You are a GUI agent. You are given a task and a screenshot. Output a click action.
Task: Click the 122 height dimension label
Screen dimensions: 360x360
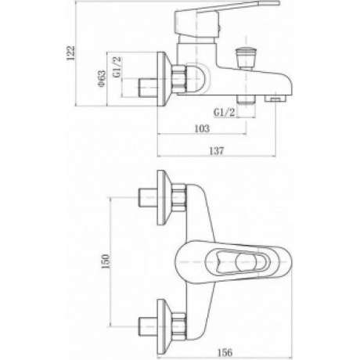(70, 53)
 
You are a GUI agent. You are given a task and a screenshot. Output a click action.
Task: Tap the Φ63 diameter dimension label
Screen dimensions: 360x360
(102, 79)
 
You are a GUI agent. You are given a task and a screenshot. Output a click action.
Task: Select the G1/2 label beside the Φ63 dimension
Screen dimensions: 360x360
(117, 67)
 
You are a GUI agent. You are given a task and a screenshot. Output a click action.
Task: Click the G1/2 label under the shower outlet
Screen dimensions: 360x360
(225, 113)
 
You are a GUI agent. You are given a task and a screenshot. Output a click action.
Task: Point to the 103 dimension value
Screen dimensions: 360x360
(202, 128)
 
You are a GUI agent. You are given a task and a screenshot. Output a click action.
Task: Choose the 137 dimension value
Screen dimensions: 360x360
(217, 151)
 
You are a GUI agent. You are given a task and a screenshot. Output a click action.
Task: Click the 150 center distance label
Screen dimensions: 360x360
(106, 261)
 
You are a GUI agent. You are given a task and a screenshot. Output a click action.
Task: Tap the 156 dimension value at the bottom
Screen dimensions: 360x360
(225, 353)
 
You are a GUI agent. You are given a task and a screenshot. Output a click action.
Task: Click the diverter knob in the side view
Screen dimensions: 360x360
(247, 59)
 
